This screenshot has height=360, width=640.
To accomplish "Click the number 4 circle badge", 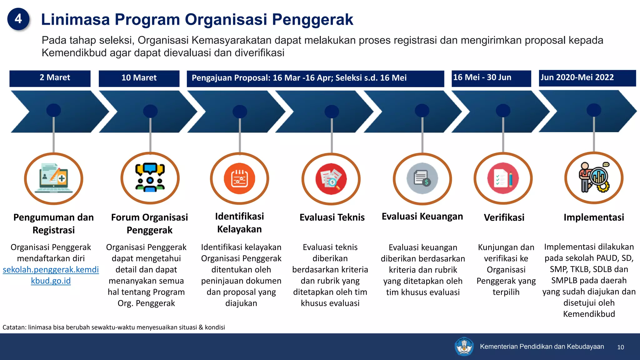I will pyautogui.click(x=18, y=19).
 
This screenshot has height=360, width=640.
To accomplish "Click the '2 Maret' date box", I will pyautogui.click(x=50, y=78).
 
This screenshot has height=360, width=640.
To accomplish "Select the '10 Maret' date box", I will pyautogui.click(x=139, y=78).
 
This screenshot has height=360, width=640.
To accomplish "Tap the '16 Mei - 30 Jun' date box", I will pyautogui.click(x=491, y=78).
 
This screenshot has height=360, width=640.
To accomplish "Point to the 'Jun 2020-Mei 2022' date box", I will pyautogui.click(x=587, y=78).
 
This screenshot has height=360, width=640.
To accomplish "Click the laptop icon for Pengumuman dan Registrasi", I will pyautogui.click(x=54, y=178).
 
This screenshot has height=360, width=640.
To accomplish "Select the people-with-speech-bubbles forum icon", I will pyautogui.click(x=150, y=178).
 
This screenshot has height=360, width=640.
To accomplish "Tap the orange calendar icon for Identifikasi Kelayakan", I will pyautogui.click(x=239, y=179).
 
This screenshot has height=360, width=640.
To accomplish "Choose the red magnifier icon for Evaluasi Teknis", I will pyautogui.click(x=331, y=179).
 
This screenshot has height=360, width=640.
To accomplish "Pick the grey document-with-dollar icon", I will pyautogui.click(x=422, y=178).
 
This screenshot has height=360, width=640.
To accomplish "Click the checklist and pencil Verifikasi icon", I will pyautogui.click(x=503, y=178).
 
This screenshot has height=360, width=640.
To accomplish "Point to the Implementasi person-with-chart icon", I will pyautogui.click(x=594, y=178).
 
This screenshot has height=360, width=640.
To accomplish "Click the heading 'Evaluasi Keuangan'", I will pyautogui.click(x=422, y=216).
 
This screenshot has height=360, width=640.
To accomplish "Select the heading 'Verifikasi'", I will pyautogui.click(x=504, y=217).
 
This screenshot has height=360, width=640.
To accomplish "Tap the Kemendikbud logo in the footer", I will pyautogui.click(x=464, y=346).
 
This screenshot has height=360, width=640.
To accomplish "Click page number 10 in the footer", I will pyautogui.click(x=621, y=347).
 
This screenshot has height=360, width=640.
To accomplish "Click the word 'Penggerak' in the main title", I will pyautogui.click(x=312, y=19).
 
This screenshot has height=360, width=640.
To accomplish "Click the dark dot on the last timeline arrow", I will pyautogui.click(x=594, y=110).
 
